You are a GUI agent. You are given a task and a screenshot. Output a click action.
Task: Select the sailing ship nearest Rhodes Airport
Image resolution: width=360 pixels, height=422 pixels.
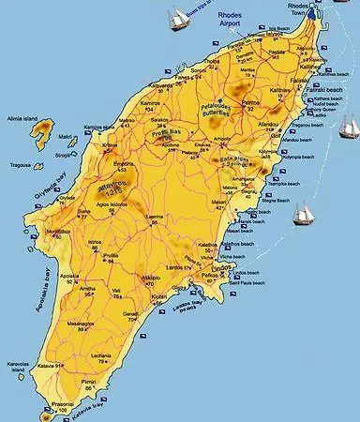(x=179, y=18)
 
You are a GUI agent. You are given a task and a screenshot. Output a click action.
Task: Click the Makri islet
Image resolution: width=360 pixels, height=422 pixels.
(x=65, y=137)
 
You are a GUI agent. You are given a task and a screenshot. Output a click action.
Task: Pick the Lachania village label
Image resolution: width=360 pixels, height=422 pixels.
(x=99, y=357)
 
